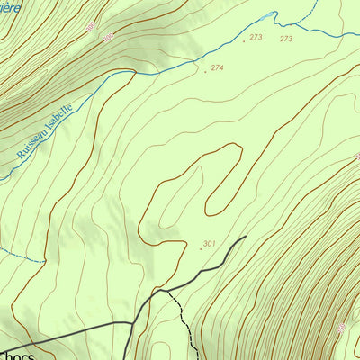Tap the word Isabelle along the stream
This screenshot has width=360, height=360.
(x=60, y=113)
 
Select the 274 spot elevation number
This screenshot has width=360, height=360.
(x=218, y=68)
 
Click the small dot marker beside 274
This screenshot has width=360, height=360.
(x=205, y=72)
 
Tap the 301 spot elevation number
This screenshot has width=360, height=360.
(x=210, y=243)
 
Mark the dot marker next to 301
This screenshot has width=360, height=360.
(x=200, y=247)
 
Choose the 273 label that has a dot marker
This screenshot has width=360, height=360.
(x=256, y=37)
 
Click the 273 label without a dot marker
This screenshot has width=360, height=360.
(x=286, y=39)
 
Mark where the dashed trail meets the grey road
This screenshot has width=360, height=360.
(x=167, y=292)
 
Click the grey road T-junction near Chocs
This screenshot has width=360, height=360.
(x=135, y=322)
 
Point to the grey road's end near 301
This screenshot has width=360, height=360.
(x=245, y=238)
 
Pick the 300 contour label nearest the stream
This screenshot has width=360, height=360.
(x=108, y=37)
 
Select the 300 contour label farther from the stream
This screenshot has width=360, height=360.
(x=91, y=27)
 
